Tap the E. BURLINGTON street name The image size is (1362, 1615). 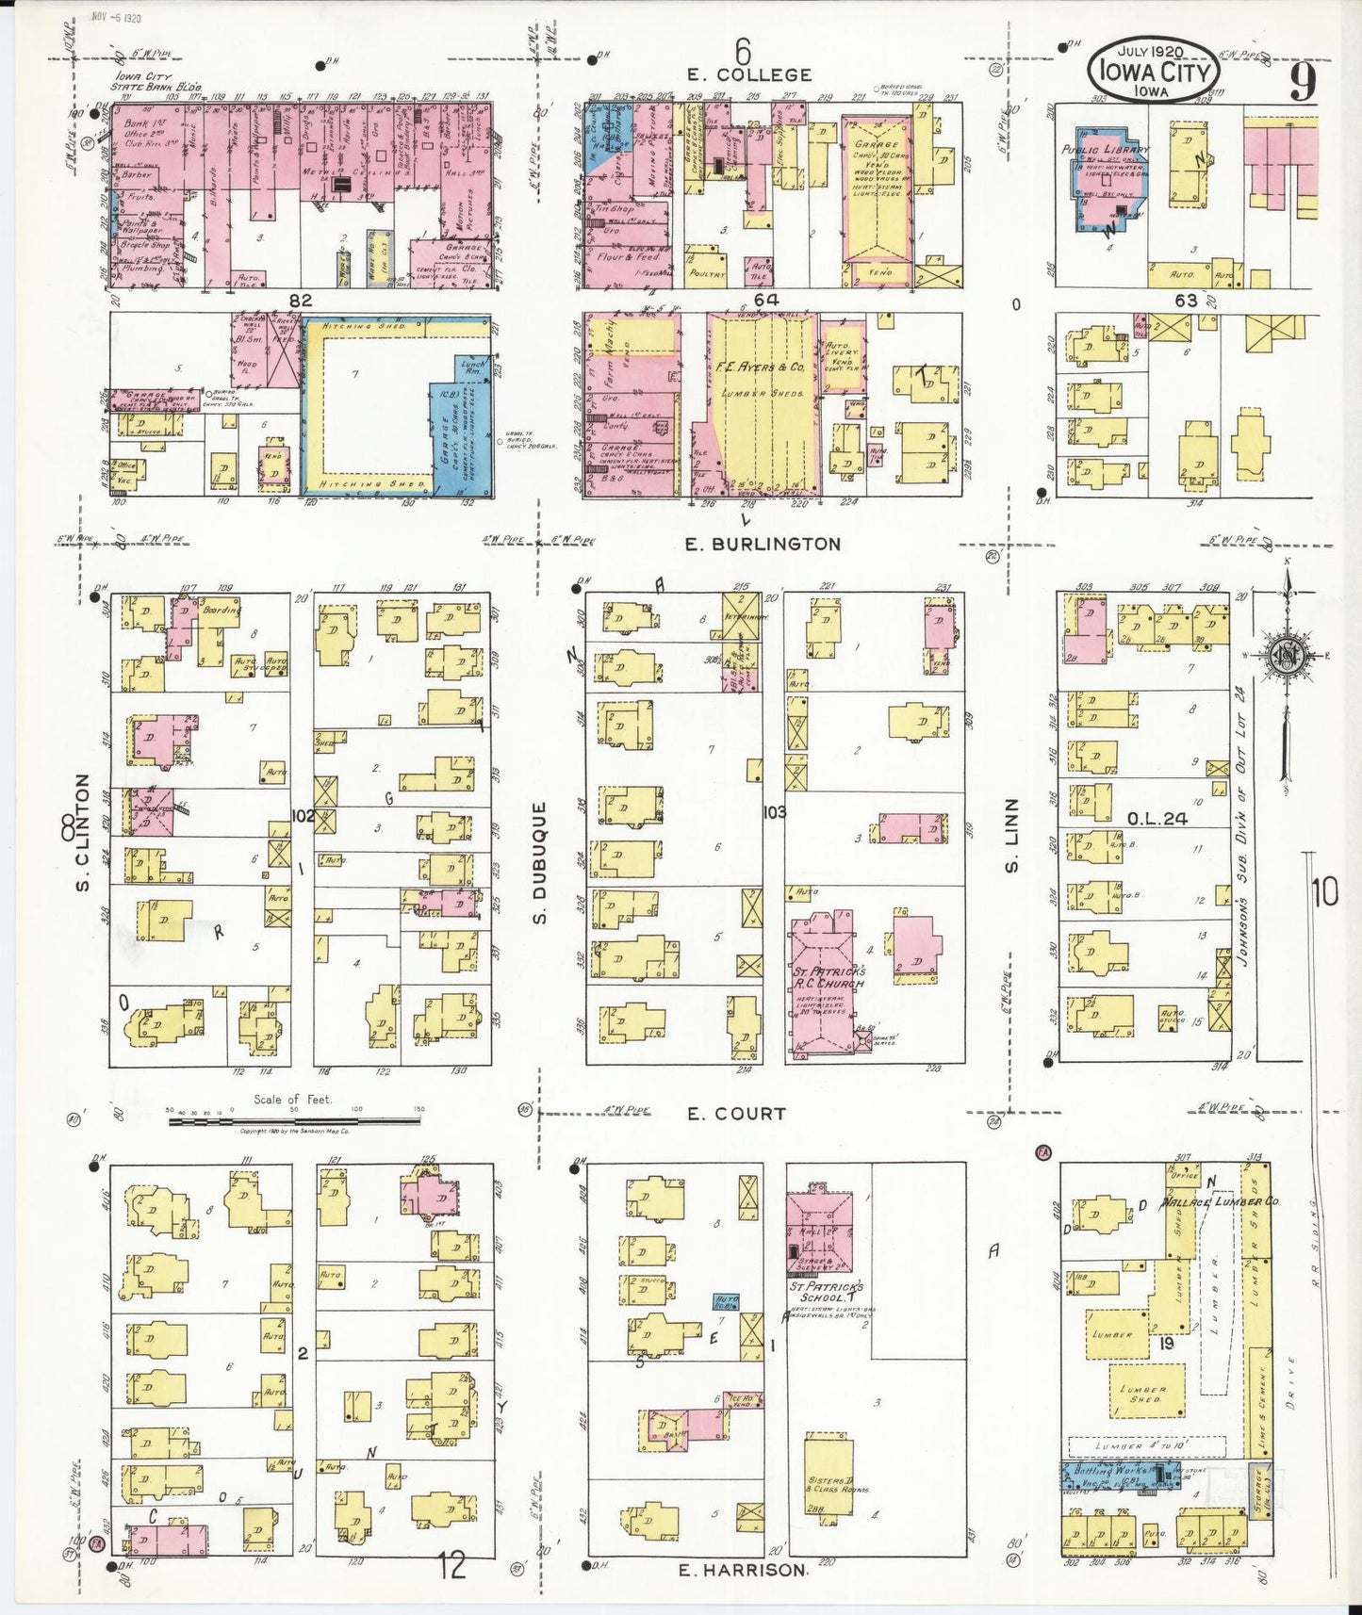tap(763, 544)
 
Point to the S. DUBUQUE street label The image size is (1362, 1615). tap(540, 862)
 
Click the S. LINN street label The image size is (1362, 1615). tap(1012, 835)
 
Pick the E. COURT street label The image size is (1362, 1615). tap(736, 1114)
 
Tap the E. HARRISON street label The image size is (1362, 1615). tap(743, 1570)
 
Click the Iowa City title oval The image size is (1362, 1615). tap(1153, 70)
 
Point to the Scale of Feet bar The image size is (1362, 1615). tap(293, 1121)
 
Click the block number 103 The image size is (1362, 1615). tap(775, 811)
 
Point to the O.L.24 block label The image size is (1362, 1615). tap(1157, 818)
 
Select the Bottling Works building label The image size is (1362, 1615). tap(1116, 1470)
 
